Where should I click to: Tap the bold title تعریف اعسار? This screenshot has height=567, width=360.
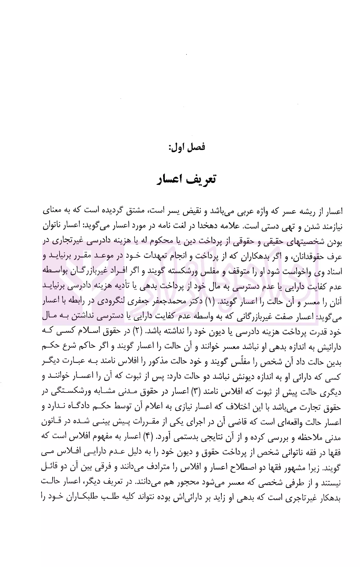[x=187, y=179]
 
